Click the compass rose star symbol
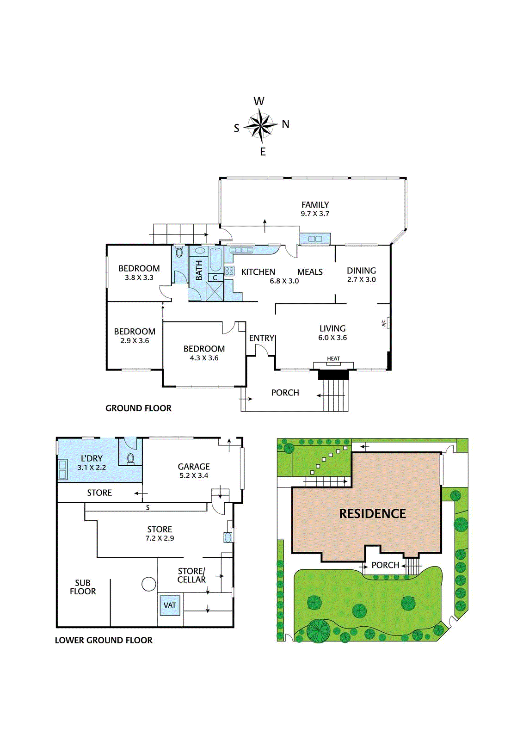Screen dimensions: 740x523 pos(261,125)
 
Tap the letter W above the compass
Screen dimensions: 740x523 pos(259,101)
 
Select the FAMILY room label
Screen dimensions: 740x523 pos(315,204)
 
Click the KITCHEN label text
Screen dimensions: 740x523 pos(258,272)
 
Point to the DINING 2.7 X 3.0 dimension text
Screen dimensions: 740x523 pos(361,280)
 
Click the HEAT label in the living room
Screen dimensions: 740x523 pos(333,358)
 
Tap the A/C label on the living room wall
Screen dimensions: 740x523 pos(383,323)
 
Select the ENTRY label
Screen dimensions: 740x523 pos(262,338)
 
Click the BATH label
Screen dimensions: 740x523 pos(199,270)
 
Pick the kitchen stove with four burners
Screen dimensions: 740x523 pos(229,271)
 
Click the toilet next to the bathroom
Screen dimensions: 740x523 pos(179,253)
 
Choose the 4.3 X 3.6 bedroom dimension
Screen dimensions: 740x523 pos(204,358)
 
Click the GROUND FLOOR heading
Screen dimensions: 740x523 pos(138,408)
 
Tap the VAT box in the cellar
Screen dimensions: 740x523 pos(170,605)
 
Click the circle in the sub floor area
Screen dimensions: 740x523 pos(148,584)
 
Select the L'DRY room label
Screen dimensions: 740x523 pos(92,458)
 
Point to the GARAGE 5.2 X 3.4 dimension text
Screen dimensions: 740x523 pos(194,475)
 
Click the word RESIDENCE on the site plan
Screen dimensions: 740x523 pos(372,514)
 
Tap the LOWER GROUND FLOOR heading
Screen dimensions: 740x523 pos(104,640)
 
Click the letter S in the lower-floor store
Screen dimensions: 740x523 pos(148,507)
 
